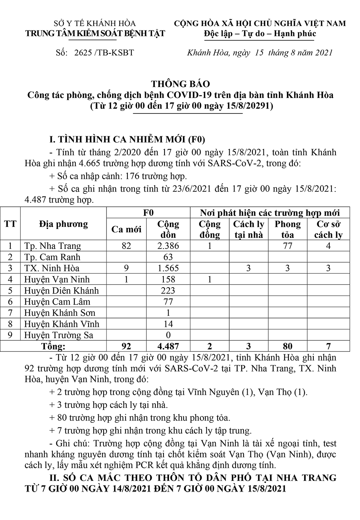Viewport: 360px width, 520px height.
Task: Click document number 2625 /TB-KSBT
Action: pyautogui.click(x=104, y=53)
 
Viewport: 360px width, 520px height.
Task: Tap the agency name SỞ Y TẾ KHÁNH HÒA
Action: pyautogui.click(x=95, y=24)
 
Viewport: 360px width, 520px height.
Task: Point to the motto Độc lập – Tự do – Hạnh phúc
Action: pyautogui.click(x=260, y=34)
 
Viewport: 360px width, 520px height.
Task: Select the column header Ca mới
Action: pyautogui.click(x=126, y=230)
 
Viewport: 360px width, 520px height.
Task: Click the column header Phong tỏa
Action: pyautogui.click(x=287, y=230)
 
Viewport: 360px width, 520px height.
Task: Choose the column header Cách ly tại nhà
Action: pyautogui.click(x=248, y=230)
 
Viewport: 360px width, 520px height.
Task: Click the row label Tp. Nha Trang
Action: pyautogui.click(x=53, y=246)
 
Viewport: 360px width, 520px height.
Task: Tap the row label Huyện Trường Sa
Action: pyautogui.click(x=59, y=335)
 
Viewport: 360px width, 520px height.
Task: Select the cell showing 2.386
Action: pyautogui.click(x=168, y=246)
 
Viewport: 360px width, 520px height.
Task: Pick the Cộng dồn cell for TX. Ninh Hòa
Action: pyautogui.click(x=168, y=268)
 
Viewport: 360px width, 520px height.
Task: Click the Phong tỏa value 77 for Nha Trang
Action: pyautogui.click(x=287, y=246)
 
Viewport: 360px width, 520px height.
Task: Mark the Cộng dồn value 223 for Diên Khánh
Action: pyautogui.click(x=168, y=290)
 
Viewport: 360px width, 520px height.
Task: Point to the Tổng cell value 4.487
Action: pyautogui.click(x=168, y=346)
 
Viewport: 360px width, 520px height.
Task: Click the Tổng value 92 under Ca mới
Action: pyautogui.click(x=126, y=346)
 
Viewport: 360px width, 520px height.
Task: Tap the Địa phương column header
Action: pyautogui.click(x=63, y=224)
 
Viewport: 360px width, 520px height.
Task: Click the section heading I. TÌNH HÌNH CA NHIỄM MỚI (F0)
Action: pyautogui.click(x=127, y=140)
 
